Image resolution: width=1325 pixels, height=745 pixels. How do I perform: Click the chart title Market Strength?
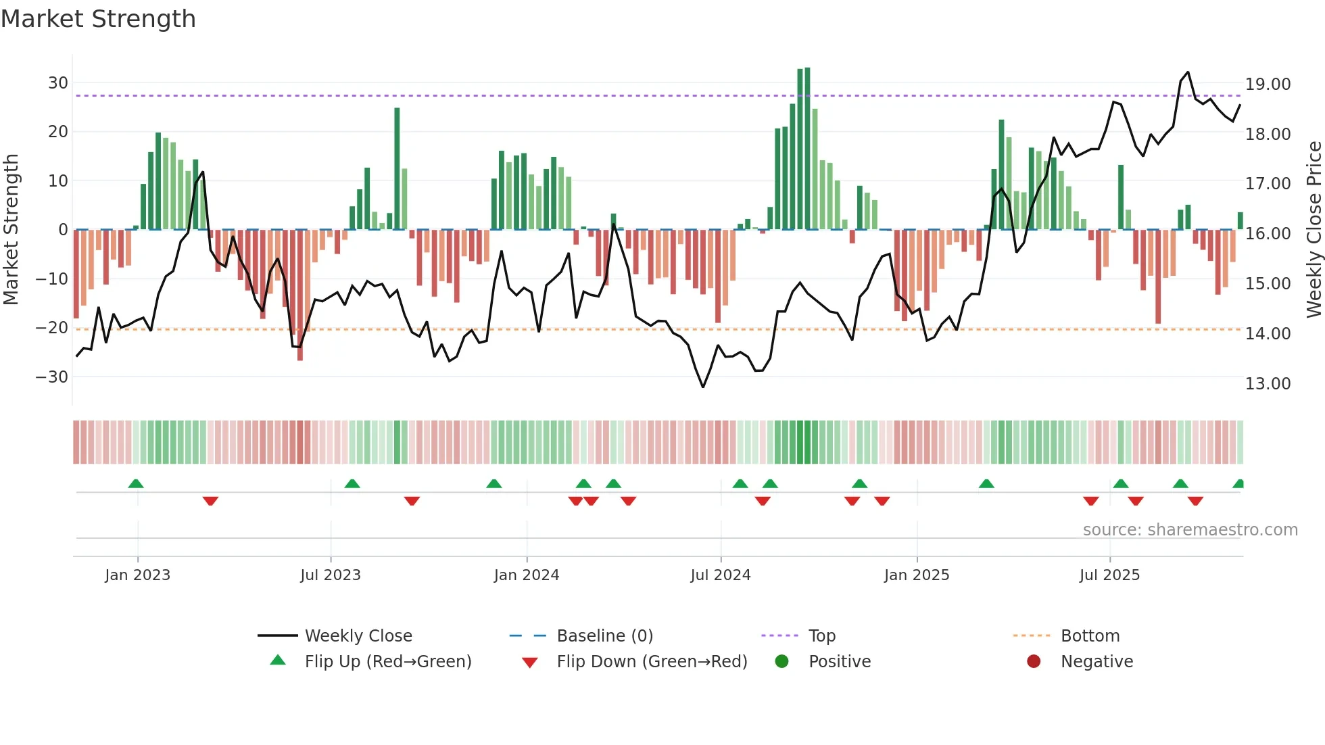click(98, 19)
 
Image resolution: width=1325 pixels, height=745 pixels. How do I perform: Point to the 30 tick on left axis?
click(58, 82)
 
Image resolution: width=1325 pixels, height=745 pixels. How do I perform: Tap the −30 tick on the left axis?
click(52, 377)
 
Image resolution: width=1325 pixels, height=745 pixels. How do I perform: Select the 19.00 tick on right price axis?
click(1268, 85)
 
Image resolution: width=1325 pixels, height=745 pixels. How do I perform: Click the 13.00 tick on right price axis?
click(1268, 383)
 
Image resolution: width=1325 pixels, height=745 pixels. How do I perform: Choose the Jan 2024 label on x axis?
click(527, 575)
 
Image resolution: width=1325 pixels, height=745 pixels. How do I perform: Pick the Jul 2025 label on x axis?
click(1109, 575)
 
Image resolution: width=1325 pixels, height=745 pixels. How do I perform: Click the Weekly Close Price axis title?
click(1314, 230)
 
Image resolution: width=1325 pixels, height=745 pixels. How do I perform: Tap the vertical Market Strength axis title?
click(11, 230)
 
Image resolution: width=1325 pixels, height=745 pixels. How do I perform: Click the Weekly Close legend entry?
click(358, 636)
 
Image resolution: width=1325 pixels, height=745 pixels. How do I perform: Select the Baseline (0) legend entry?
click(604, 636)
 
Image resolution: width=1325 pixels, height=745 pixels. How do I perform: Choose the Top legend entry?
click(822, 636)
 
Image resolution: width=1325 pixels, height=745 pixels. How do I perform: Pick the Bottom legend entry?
click(1090, 636)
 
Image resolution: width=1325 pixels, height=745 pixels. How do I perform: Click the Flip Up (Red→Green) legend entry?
click(387, 662)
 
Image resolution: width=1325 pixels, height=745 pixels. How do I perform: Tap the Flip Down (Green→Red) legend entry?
click(652, 662)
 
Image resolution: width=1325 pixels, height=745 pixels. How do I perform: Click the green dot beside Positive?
click(782, 662)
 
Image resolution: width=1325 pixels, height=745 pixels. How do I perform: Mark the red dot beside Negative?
click(1034, 662)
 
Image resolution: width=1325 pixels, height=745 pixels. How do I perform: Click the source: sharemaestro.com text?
click(1190, 530)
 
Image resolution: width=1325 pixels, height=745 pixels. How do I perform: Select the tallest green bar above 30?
click(807, 149)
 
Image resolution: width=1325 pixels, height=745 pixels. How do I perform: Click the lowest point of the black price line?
click(703, 387)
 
